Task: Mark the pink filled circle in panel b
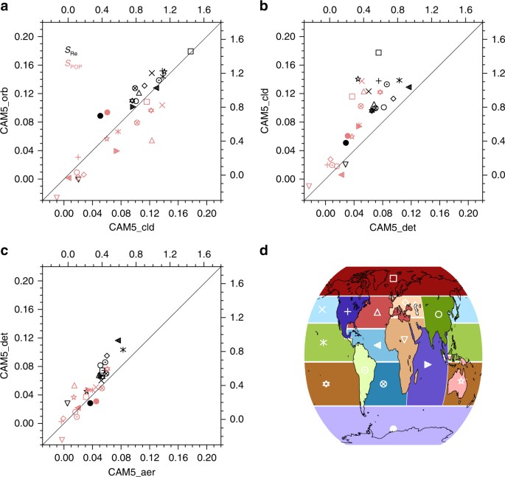tap(348, 136)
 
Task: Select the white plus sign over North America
tap(347, 312)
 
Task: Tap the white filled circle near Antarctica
tap(393, 428)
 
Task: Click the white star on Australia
tap(461, 381)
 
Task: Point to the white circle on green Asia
tap(439, 313)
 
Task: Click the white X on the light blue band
tap(321, 310)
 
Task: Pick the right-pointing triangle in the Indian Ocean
tap(428, 365)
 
